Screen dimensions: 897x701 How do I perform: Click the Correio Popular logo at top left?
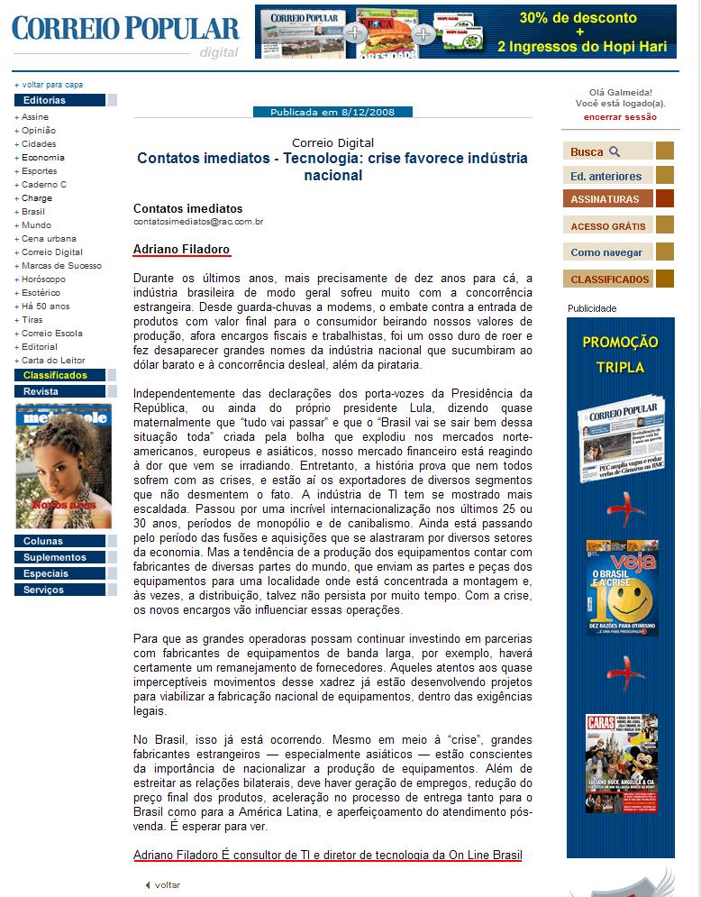pyautogui.click(x=125, y=29)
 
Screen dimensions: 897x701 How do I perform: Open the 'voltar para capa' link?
pyautogui.click(x=51, y=85)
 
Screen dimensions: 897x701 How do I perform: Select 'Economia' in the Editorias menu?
pyautogui.click(x=43, y=158)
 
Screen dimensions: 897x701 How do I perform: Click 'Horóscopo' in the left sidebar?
pyautogui.click(x=43, y=279)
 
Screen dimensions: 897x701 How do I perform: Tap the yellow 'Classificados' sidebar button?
pyautogui.click(x=56, y=375)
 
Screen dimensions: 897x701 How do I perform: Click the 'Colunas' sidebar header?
pyautogui.click(x=43, y=542)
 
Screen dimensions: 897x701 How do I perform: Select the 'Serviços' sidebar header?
pyautogui.click(x=44, y=590)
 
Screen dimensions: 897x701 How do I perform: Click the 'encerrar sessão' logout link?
pyautogui.click(x=620, y=117)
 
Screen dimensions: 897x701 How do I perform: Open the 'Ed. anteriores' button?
pyautogui.click(x=607, y=176)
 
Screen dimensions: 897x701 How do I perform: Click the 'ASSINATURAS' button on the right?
pyautogui.click(x=607, y=199)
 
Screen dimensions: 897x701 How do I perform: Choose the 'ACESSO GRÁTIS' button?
pyautogui.click(x=607, y=226)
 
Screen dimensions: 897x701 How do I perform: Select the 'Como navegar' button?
pyautogui.click(x=607, y=252)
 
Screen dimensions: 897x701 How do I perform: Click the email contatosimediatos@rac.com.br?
pyautogui.click(x=198, y=221)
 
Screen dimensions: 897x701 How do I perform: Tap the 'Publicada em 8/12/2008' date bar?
pyautogui.click(x=332, y=112)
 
